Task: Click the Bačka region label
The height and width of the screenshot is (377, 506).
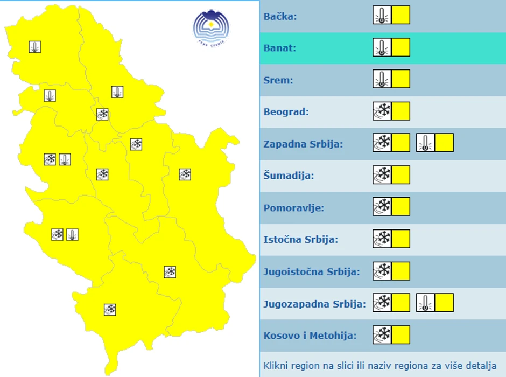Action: click(x=280, y=16)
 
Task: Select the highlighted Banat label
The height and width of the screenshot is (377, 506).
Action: click(x=280, y=48)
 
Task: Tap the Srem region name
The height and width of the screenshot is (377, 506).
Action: click(x=278, y=80)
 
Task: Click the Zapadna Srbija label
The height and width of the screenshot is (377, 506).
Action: click(x=303, y=144)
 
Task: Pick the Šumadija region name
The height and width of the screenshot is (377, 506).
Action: click(x=289, y=176)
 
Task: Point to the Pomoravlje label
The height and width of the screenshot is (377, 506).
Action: click(x=293, y=208)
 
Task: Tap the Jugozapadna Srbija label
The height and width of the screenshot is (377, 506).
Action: click(x=314, y=304)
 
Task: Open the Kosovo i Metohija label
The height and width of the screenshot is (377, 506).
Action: click(x=310, y=336)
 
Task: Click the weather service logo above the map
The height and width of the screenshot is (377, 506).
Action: click(x=211, y=26)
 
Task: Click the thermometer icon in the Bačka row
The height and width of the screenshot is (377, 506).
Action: click(x=382, y=15)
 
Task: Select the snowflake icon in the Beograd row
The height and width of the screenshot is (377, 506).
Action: click(x=382, y=111)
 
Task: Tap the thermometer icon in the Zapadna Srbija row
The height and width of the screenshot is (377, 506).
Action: click(x=425, y=143)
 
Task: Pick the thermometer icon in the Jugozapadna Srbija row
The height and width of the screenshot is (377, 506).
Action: click(x=425, y=303)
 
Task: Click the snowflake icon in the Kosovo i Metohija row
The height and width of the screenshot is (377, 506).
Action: click(x=382, y=334)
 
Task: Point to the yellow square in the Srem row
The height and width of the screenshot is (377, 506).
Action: click(x=400, y=79)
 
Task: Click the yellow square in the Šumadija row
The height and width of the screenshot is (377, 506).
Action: click(x=400, y=175)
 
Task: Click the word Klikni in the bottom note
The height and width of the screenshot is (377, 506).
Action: click(x=276, y=366)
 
